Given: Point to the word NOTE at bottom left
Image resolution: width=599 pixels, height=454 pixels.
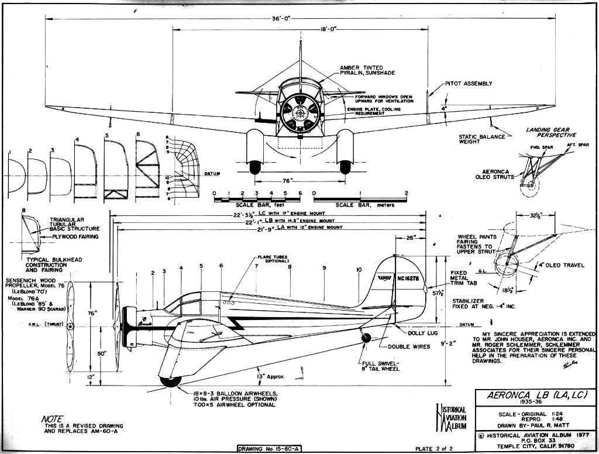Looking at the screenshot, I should (x=53, y=419).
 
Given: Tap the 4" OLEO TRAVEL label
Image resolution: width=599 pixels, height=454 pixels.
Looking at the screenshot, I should (x=558, y=265).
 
